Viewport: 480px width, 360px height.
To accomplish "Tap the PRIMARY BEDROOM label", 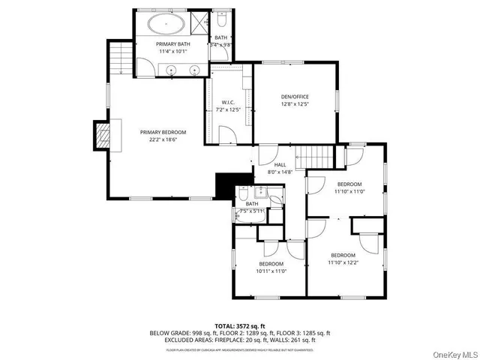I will pos(163,132).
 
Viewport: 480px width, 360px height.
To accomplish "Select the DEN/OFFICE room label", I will pos(295,97).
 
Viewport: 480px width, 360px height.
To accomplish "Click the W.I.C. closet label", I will pos(229,103).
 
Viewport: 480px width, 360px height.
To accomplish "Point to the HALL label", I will pos(280,165).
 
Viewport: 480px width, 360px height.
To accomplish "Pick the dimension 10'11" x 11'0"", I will pos(271,271).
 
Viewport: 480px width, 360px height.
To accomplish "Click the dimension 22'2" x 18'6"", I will pos(163,139).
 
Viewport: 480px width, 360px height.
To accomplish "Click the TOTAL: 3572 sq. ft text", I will pos(240,326).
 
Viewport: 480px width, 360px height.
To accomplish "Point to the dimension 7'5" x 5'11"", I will pos(252,211).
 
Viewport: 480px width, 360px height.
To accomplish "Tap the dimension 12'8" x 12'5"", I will pos(295,104).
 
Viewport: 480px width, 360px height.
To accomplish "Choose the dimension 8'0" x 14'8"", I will pos(280,172).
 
